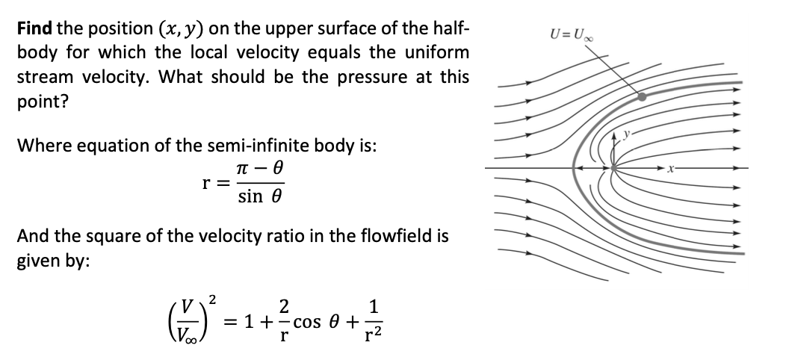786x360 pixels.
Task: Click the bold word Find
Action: click(x=34, y=29)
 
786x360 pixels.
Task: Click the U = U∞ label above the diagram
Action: click(x=566, y=34)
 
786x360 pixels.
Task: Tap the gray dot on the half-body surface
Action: click(x=641, y=96)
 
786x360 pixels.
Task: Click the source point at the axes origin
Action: click(x=613, y=169)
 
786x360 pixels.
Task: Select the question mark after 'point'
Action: click(x=66, y=101)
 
